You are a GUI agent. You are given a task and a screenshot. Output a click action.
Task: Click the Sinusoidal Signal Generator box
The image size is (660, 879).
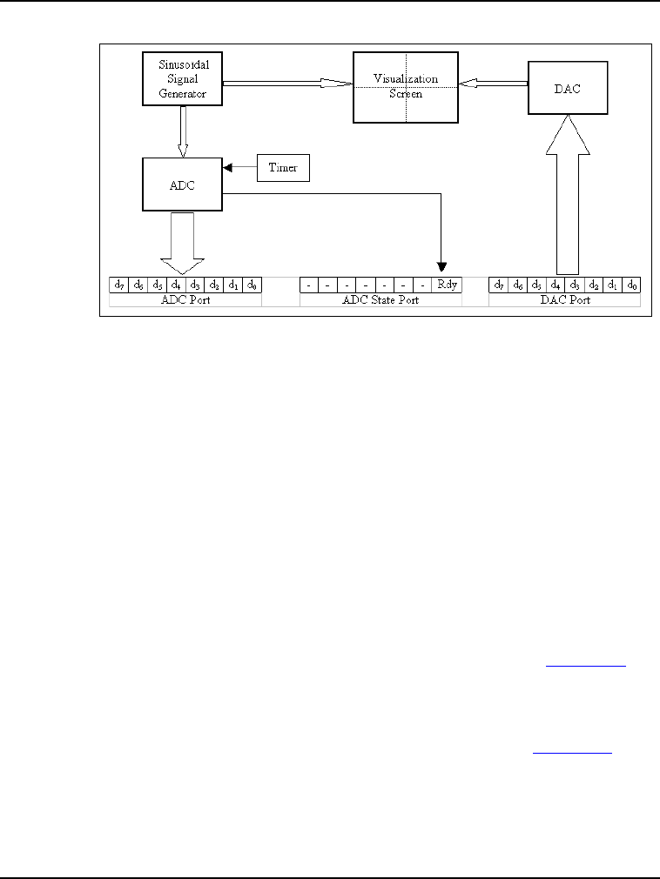[x=182, y=78]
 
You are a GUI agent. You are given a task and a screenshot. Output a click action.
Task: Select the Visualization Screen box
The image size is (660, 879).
[x=405, y=86]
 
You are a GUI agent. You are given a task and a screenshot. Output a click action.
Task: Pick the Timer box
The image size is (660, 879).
[x=284, y=168]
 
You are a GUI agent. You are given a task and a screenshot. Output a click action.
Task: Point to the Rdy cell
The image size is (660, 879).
[x=448, y=285]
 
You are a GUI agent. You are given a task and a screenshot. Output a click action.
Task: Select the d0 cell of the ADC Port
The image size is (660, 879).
[x=252, y=285]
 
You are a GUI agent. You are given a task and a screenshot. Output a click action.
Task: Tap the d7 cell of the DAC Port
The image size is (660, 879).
[x=499, y=285]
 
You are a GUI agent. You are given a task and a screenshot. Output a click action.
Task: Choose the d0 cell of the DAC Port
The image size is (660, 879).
[x=632, y=285]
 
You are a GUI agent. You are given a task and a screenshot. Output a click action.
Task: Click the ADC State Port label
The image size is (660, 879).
[x=381, y=299]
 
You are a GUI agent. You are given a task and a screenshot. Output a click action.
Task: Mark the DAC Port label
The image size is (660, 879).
[x=565, y=299]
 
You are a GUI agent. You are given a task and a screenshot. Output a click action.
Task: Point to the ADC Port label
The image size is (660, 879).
[x=185, y=299]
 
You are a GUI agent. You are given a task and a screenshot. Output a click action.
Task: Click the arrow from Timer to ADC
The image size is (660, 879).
[x=239, y=168]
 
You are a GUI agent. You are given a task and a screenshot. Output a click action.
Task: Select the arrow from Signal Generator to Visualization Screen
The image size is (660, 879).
[x=287, y=83]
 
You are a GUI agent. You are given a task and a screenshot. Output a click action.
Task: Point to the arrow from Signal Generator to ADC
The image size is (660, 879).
[x=182, y=129]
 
